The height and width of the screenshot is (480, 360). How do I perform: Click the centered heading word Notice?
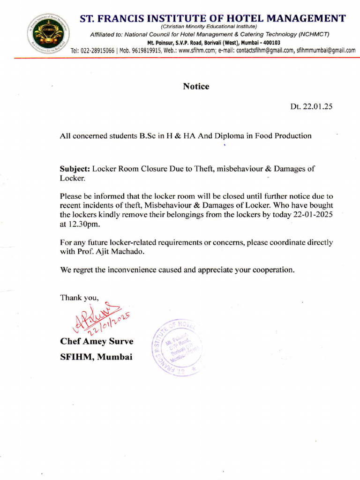point(196,86)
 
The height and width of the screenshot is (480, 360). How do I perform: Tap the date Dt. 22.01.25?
point(311,106)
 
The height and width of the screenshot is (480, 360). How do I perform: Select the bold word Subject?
point(75,169)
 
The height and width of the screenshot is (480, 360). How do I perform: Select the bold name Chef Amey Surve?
point(97,341)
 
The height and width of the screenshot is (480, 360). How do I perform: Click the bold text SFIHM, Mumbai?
point(96,357)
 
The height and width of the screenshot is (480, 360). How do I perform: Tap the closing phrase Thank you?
point(79,297)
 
